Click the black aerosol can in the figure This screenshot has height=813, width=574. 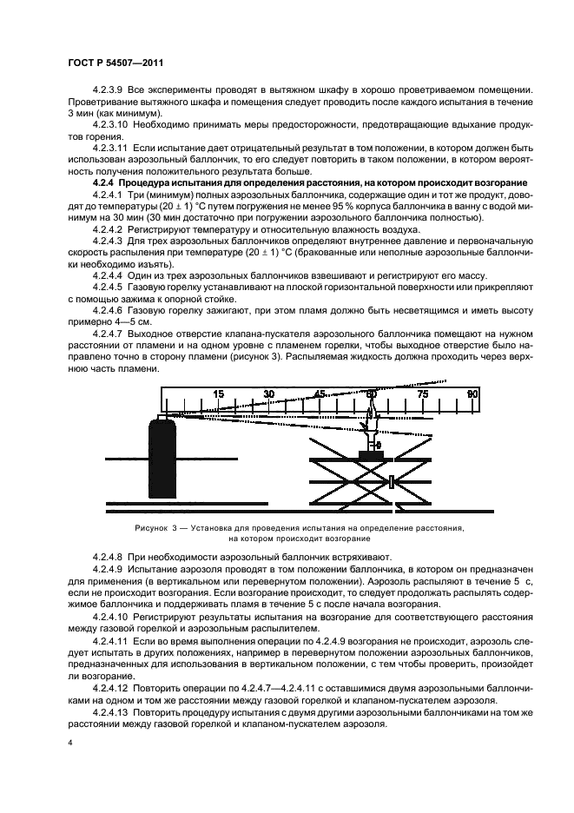point(162,460)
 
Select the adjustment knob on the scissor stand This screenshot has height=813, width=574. point(394,481)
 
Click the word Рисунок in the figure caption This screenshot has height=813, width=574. point(153,528)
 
